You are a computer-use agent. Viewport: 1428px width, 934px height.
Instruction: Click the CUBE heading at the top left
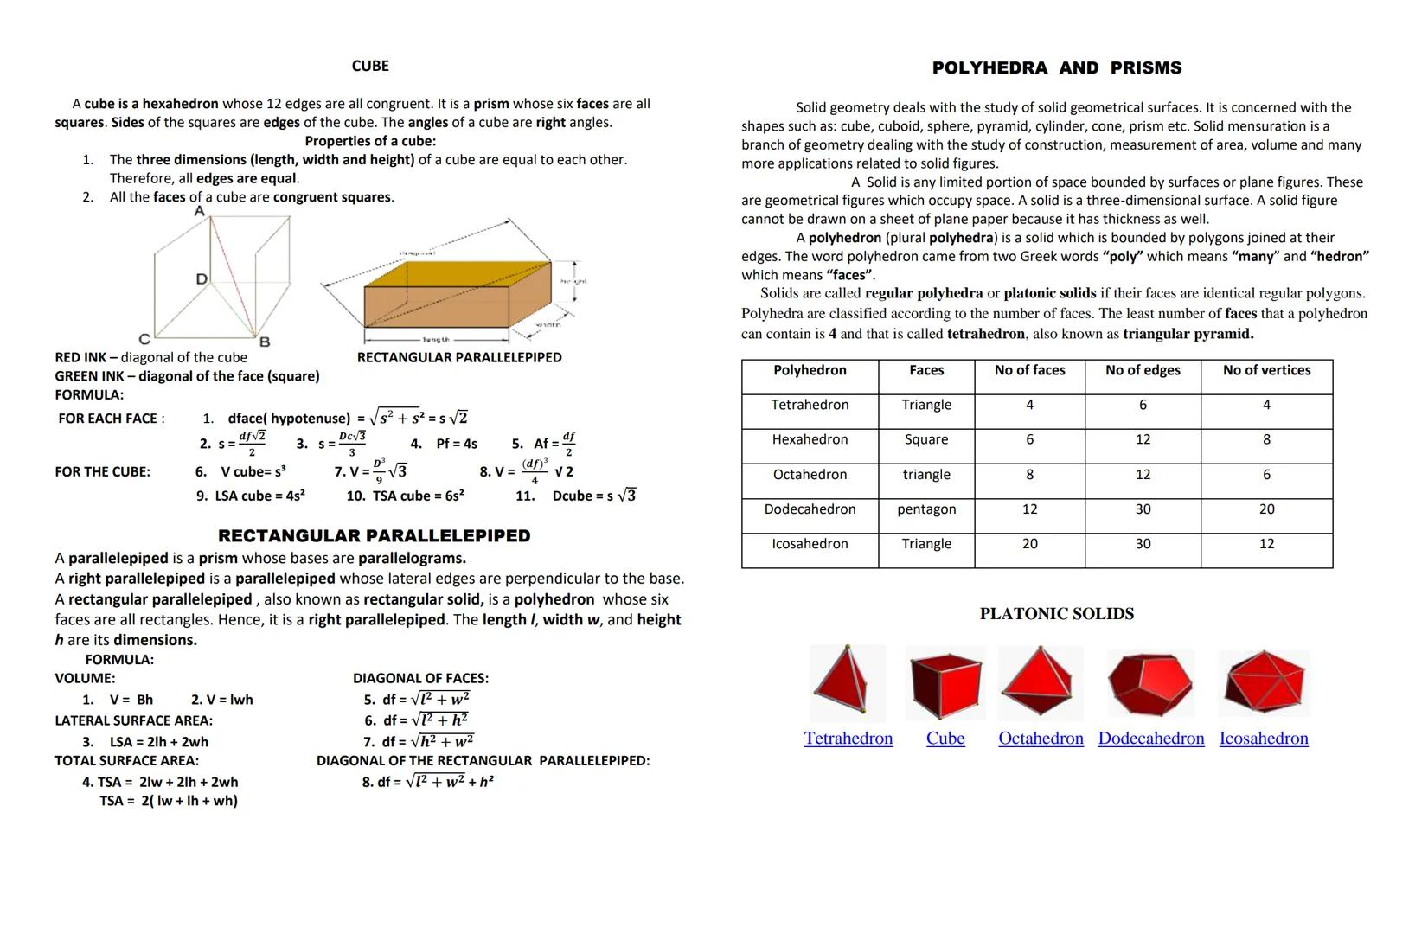tap(370, 67)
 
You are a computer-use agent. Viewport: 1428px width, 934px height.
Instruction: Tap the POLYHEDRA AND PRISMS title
tap(1056, 67)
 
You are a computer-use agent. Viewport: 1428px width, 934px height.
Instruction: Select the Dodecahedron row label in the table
tap(810, 509)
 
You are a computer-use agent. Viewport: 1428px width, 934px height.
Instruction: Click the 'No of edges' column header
tap(1143, 370)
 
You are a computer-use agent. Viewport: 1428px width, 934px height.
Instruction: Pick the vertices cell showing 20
tap(1266, 509)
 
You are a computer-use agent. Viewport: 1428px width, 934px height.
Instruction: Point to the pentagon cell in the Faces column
tap(926, 509)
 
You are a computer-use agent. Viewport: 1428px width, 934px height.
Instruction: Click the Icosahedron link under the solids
tap(1264, 739)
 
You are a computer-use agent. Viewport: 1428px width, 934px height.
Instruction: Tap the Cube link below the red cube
tap(945, 739)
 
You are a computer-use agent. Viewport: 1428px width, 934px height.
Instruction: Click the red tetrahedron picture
tap(848, 681)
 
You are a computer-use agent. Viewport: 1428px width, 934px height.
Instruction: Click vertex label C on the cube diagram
tap(144, 339)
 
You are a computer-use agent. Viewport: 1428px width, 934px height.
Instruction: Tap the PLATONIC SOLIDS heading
tap(1056, 614)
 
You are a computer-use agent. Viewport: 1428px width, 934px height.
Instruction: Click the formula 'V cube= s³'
tap(253, 472)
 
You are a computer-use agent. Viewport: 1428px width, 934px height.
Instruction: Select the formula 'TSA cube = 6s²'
tap(418, 496)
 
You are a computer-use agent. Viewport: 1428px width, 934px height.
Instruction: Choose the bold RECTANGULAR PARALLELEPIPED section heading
tap(374, 536)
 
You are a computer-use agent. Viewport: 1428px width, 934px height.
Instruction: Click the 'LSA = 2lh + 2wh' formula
tap(158, 742)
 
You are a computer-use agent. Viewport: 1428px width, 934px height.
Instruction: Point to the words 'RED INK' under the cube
tap(81, 358)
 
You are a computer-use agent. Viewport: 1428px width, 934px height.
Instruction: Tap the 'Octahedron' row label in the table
tap(810, 475)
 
